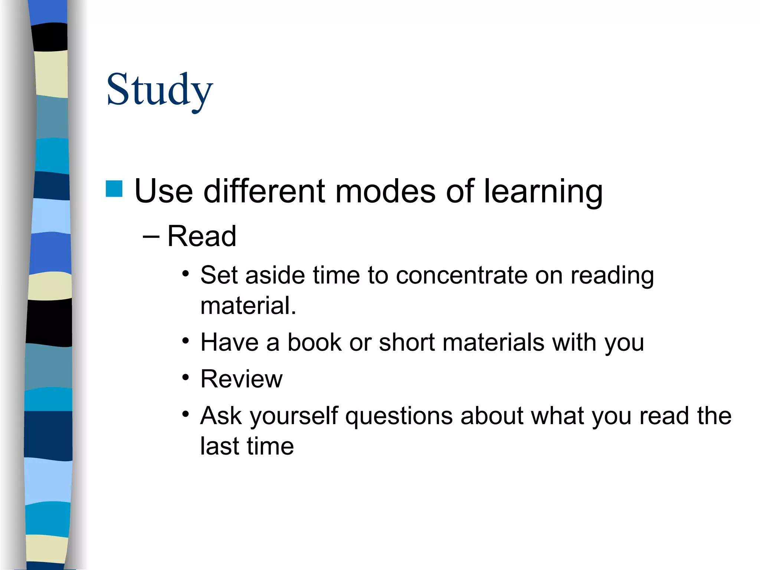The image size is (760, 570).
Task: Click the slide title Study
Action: pyautogui.click(x=160, y=90)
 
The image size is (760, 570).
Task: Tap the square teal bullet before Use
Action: pyautogui.click(x=114, y=189)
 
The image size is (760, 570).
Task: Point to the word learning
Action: pyautogui.click(x=543, y=192)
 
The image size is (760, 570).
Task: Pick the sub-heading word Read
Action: pyautogui.click(x=202, y=236)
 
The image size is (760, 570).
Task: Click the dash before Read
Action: pyautogui.click(x=151, y=236)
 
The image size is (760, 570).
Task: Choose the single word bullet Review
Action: pyautogui.click(x=242, y=379)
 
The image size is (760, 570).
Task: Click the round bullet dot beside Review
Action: pyautogui.click(x=186, y=378)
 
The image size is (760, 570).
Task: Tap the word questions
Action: pyautogui.click(x=399, y=416)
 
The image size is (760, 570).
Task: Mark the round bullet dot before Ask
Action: pyautogui.click(x=186, y=414)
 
